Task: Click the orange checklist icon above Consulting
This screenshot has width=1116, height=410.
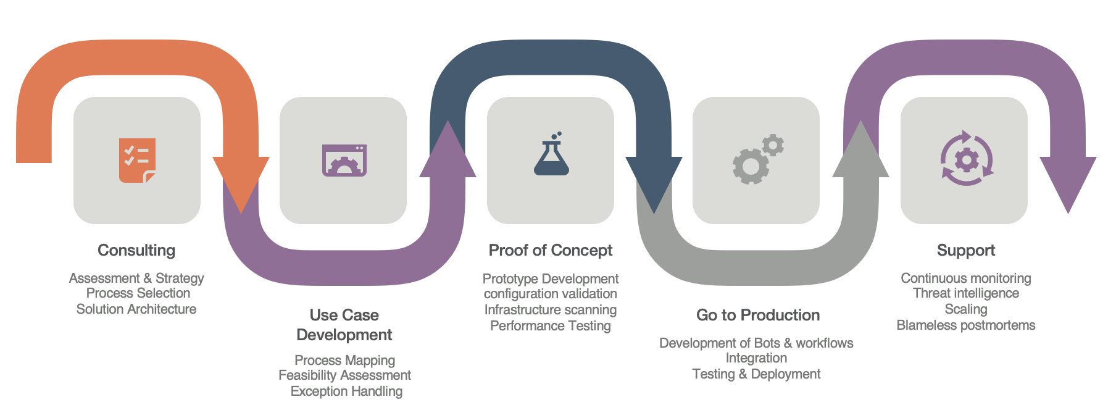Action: (x=137, y=161)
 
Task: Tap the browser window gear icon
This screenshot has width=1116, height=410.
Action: (x=344, y=161)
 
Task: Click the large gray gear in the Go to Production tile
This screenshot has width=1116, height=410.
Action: (x=750, y=167)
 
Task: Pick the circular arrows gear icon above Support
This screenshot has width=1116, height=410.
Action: (x=967, y=159)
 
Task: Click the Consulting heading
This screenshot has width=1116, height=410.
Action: (x=136, y=250)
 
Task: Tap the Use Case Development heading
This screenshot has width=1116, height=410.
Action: (x=344, y=325)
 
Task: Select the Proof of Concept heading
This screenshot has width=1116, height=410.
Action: (x=551, y=250)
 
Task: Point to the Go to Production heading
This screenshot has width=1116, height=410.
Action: (x=758, y=315)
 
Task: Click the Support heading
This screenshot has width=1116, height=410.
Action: (x=966, y=250)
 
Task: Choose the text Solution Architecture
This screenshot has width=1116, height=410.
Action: (x=136, y=309)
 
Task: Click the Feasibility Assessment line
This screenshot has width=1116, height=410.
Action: (x=344, y=375)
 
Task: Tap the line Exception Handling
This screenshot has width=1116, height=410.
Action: (x=346, y=391)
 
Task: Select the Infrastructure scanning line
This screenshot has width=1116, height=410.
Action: (x=551, y=309)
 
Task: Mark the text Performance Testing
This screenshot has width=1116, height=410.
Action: (x=551, y=325)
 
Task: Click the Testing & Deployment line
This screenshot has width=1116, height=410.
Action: (x=756, y=374)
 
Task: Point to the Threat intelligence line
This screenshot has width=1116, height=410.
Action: (x=966, y=293)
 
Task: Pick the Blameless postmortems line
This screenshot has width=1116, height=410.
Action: (x=966, y=325)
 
